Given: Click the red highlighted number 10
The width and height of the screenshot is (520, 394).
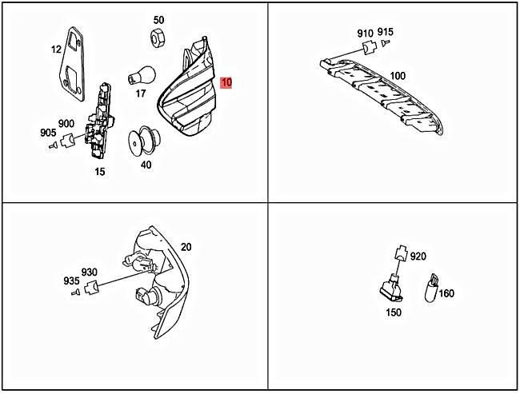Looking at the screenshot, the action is [226, 82].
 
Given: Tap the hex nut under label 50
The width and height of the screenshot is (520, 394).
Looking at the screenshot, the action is [158, 37].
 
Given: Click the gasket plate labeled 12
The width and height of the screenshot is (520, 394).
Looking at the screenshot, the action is [73, 64].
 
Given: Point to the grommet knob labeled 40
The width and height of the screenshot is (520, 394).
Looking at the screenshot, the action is [143, 141].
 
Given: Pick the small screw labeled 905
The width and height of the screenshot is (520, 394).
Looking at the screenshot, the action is [52, 145].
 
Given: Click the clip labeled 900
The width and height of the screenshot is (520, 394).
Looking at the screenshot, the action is [68, 140].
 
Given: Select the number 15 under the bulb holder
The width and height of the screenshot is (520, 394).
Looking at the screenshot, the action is [99, 172].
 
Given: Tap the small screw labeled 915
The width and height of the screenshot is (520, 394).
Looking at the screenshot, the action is [385, 42].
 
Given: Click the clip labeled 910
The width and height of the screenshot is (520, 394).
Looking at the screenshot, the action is [370, 47].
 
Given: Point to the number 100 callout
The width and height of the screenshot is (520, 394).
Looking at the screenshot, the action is [398, 76].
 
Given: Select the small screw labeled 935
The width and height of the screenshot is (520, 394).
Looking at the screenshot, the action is [76, 292].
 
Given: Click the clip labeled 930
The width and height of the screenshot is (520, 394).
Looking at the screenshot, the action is [91, 287].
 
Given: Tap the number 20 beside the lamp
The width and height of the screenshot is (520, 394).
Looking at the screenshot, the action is [186, 247].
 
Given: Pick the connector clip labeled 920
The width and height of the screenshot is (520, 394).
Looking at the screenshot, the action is [401, 253].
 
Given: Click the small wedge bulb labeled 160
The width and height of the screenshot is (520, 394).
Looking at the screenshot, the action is [431, 288].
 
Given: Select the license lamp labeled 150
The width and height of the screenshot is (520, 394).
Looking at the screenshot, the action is [392, 289].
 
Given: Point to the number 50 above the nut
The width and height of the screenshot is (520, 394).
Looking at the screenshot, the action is [158, 20].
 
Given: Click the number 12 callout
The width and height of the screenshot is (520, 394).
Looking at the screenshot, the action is [56, 50].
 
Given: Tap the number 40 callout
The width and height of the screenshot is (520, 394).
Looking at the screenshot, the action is [146, 165].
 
